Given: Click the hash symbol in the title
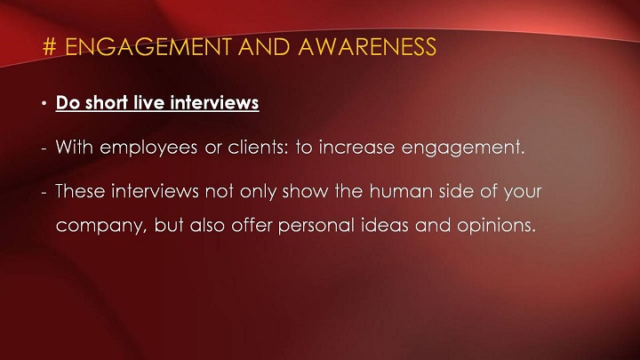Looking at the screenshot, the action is coord(49,46).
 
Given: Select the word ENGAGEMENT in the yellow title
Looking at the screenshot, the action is coord(148,46).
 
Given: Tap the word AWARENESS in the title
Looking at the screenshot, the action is coord(367,46).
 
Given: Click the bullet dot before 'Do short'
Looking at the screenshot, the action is coord(44,104).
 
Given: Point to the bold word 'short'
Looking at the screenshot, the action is coord(106,102).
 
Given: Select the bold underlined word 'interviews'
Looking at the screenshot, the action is coord(215,102).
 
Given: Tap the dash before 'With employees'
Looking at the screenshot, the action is coord(44,149).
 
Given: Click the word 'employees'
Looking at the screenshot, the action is coord(148,148).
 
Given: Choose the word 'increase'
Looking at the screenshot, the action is coord(356,147).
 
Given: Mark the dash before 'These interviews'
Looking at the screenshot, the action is coord(44,193).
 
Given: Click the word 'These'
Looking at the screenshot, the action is coord(80,190).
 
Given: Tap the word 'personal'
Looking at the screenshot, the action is coord(316,226).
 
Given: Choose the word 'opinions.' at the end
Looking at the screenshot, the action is coord(496,226).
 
